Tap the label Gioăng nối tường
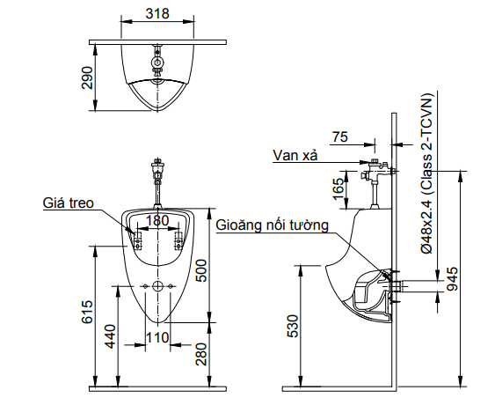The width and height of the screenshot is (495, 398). click(x=272, y=225)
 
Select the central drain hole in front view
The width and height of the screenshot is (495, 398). click(x=157, y=287)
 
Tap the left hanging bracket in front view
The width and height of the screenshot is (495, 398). click(x=135, y=238)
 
